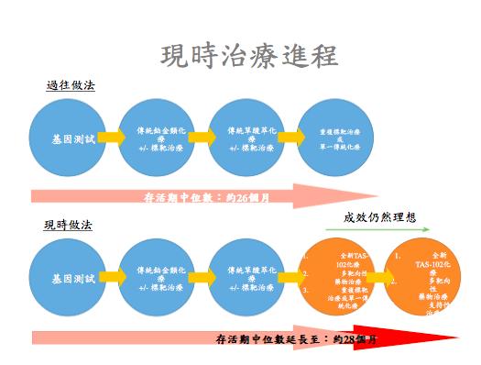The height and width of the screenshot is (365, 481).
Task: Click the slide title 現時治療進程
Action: [247, 54]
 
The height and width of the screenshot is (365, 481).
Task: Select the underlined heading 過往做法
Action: [71, 86]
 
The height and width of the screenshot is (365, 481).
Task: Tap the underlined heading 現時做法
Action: [68, 225]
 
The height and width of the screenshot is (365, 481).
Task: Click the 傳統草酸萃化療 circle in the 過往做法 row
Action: [246, 138]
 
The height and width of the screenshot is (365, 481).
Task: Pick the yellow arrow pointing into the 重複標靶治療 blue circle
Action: [291, 138]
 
